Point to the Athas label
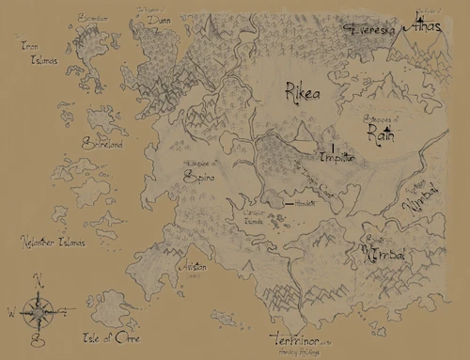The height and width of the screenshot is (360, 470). click(x=419, y=25)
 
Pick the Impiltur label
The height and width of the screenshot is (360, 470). click(x=336, y=157)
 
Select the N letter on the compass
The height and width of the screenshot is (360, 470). click(x=38, y=279)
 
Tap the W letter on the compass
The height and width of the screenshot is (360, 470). click(x=11, y=308)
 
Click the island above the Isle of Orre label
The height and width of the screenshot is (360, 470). click(x=114, y=306)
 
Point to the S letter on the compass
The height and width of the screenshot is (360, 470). click(x=36, y=334)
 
